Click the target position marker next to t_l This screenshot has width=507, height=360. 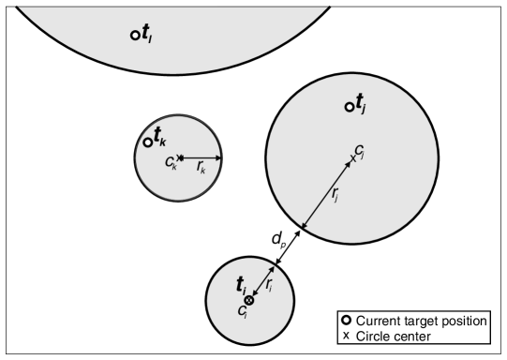click(135, 36)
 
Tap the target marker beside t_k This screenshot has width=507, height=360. click(148, 142)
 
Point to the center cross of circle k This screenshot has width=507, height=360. click(180, 157)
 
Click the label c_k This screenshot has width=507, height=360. click(171, 164)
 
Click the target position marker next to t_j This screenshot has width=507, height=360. click(350, 107)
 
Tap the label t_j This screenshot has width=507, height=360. click(363, 103)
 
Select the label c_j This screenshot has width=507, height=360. click(360, 150)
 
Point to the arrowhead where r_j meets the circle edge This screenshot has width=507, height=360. click(303, 227)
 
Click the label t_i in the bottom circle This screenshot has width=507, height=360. click(243, 286)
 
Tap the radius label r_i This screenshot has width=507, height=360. click(269, 282)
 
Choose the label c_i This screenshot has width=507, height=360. click(243, 310)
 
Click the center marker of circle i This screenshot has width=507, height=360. click(248, 300)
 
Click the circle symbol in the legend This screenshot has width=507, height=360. click(347, 321)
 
